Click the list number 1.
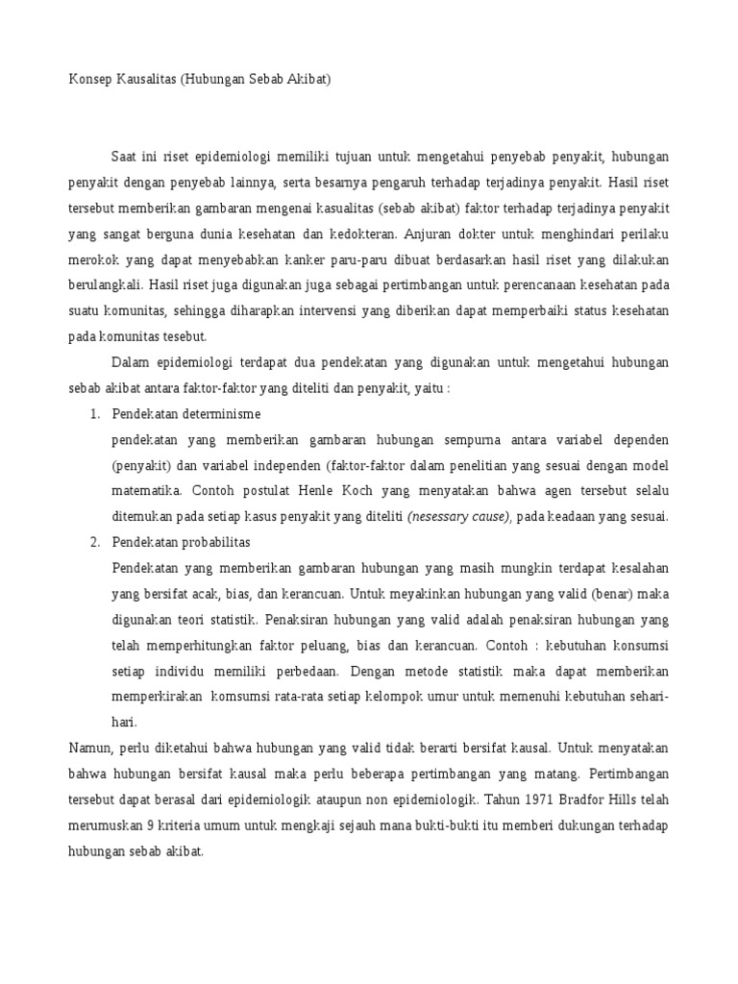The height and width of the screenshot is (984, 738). click(94, 413)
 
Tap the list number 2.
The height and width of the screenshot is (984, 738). click(94, 543)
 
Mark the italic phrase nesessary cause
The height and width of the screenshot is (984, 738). click(458, 517)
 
